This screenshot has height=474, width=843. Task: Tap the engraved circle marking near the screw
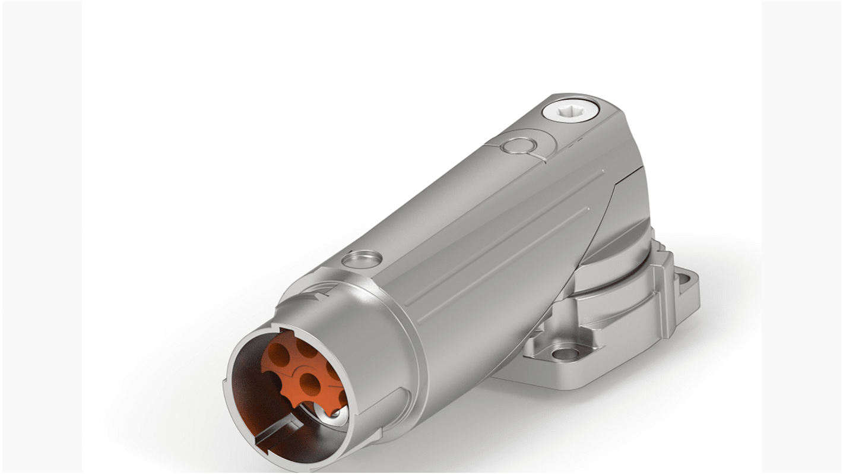[514, 146]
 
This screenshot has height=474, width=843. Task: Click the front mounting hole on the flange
[560, 354]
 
